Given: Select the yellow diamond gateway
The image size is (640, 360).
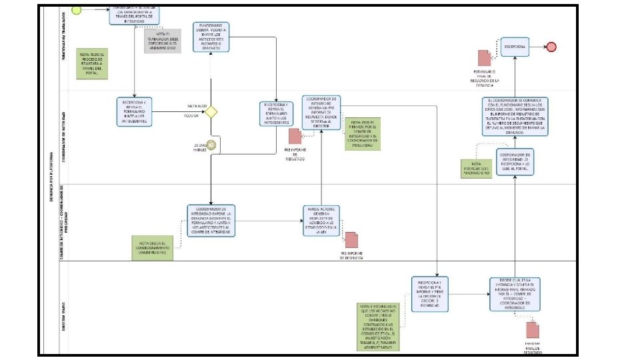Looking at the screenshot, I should click(x=211, y=111).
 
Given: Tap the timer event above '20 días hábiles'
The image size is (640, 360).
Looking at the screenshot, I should click(x=211, y=144).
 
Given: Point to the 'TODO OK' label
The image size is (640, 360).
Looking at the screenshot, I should click(x=191, y=116).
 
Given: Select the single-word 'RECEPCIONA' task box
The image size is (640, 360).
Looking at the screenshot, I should click(x=515, y=47).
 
